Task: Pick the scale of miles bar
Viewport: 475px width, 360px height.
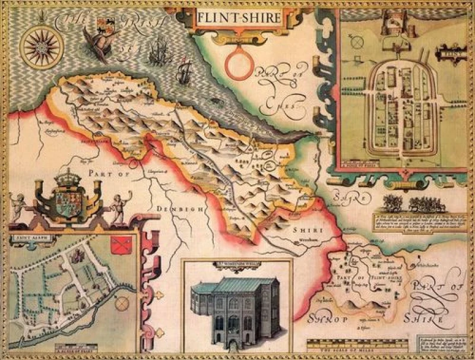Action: (357, 344)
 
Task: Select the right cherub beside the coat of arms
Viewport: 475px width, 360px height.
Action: (119, 205)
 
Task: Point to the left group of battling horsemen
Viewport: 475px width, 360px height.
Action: (394, 204)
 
